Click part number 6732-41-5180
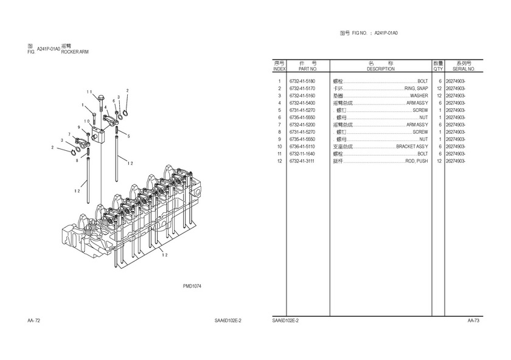coord(302,81)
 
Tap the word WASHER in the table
coord(419,95)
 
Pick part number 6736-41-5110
coord(302,147)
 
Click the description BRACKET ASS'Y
coord(412,147)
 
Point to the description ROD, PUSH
coord(417,161)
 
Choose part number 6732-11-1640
coord(302,154)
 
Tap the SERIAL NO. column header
coord(463,69)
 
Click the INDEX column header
coord(279,69)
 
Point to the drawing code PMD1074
coord(192,286)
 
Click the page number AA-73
coord(473,320)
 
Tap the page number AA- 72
coord(34,320)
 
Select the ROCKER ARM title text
coord(75,52)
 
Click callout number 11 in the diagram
coord(89,92)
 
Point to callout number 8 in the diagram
coord(77,161)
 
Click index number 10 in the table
coord(279,147)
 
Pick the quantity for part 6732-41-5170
coord(439,88)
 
